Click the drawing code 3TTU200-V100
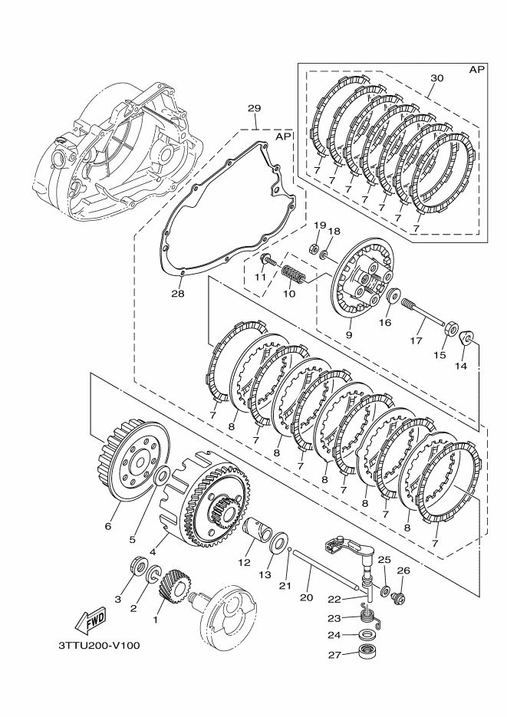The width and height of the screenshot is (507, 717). pos(99,645)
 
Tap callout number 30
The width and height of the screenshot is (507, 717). pos(436,78)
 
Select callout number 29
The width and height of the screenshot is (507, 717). pos(255,107)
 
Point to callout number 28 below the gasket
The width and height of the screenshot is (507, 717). pos(178,293)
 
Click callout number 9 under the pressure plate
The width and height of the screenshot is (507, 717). pos(349,334)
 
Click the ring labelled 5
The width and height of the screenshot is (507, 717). pos(162,479)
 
